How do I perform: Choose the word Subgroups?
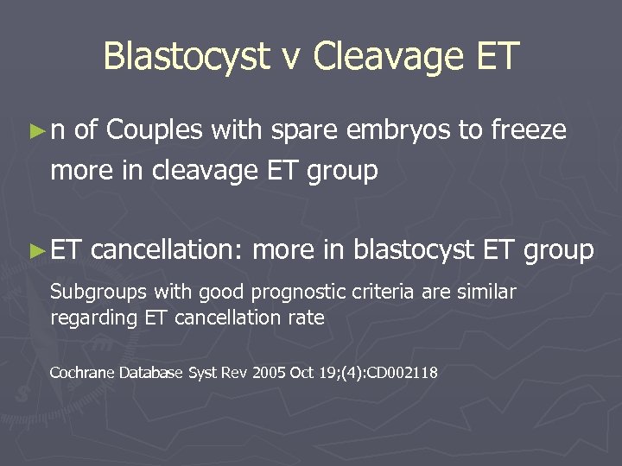click(x=92, y=293)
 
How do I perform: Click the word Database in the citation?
click(x=149, y=373)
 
